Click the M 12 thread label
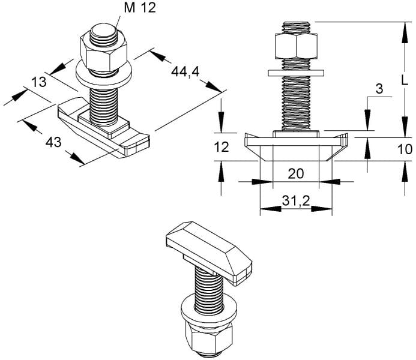click(x=140, y=8)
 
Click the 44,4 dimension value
click(x=185, y=71)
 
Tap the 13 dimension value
click(x=39, y=82)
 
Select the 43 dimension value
click(x=53, y=142)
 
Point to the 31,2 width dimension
click(x=296, y=202)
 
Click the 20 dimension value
click(x=296, y=174)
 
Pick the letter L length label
click(x=404, y=80)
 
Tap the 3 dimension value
click(x=379, y=89)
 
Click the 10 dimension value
click(x=405, y=149)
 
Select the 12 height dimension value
click(x=222, y=147)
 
